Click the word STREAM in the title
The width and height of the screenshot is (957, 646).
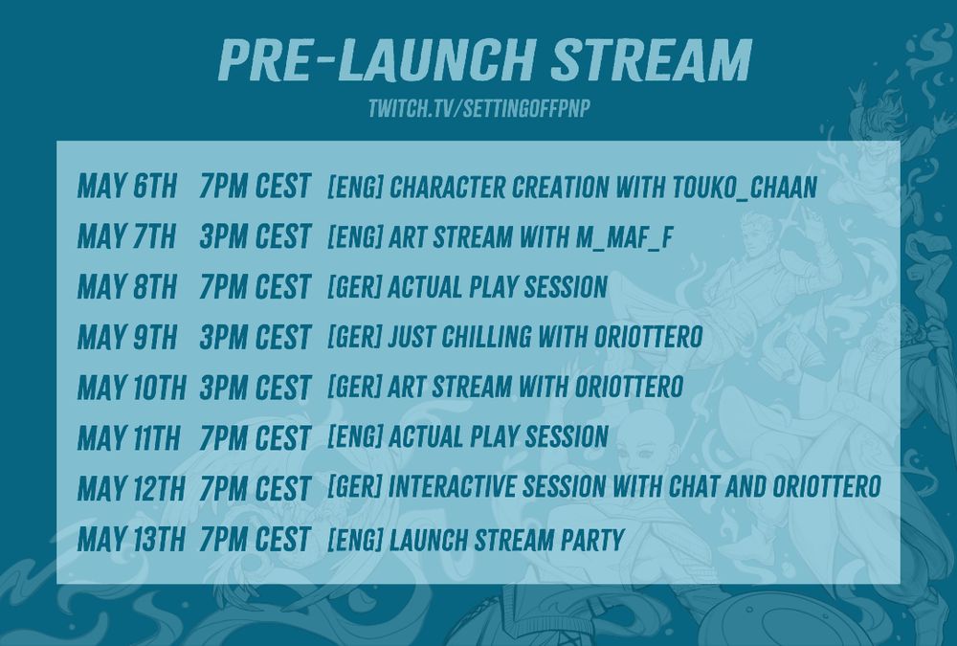click(x=651, y=59)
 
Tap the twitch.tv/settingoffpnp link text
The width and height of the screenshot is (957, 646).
click(x=479, y=109)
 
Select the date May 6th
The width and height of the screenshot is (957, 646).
click(x=127, y=187)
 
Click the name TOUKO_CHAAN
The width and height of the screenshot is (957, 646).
click(x=745, y=188)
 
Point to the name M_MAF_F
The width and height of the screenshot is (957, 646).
click(x=624, y=237)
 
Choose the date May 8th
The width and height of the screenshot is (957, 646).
click(x=127, y=287)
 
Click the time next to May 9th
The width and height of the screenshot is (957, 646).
click(x=256, y=338)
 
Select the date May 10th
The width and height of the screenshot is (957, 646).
click(x=132, y=388)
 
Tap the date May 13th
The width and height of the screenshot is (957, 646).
click(x=131, y=539)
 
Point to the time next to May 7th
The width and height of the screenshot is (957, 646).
click(x=256, y=237)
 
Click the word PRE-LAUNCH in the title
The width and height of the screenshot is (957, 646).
click(x=377, y=59)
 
